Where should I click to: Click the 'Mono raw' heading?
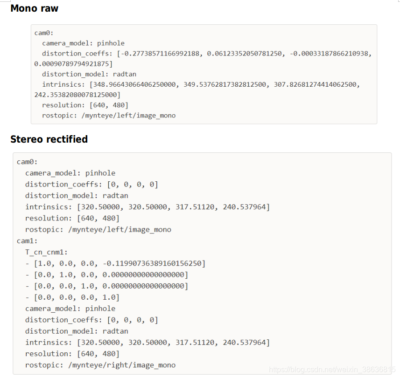tap(34, 8)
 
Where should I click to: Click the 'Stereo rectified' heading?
tap(49, 139)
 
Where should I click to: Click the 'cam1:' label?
tap(27, 241)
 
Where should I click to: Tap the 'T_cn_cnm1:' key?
tap(46, 252)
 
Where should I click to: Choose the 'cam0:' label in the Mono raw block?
tap(44, 33)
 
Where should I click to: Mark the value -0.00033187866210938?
tap(329, 54)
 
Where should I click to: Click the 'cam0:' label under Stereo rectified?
tap(27, 162)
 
